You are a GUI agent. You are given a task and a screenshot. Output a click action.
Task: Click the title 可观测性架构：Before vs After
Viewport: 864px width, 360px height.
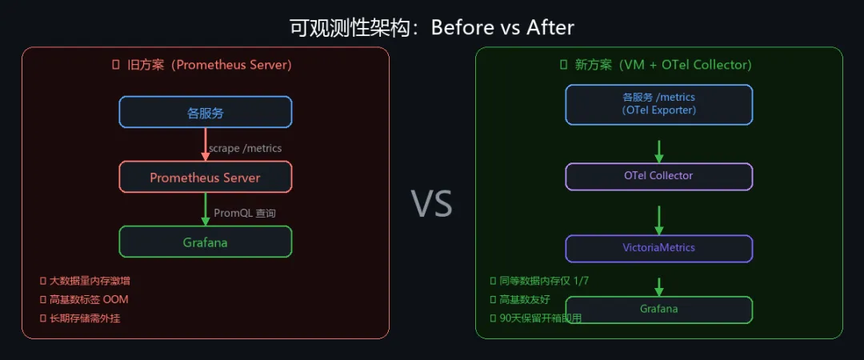(432, 27)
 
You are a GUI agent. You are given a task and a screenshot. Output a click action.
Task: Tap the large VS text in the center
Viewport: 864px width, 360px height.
(432, 204)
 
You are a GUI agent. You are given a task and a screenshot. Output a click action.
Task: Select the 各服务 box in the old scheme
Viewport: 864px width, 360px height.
(206, 112)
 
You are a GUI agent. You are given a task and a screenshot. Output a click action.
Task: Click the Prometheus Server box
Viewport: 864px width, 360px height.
(206, 177)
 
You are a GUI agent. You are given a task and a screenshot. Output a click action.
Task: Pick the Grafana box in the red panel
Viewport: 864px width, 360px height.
(206, 242)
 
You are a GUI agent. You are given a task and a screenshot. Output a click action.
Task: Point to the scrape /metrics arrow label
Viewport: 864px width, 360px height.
(245, 148)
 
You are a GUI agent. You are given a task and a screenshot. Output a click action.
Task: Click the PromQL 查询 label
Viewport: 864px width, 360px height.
(245, 213)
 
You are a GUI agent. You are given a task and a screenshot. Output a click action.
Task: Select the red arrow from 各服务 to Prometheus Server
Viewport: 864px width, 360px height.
(206, 145)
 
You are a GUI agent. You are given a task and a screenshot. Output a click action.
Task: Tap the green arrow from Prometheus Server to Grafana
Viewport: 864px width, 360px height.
(206, 210)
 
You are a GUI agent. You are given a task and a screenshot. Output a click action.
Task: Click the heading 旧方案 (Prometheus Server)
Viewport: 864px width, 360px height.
(206, 65)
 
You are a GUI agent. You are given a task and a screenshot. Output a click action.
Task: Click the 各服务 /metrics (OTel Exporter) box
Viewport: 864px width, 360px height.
(659, 104)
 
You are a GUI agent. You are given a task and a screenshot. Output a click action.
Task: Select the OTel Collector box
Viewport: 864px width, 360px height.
(659, 176)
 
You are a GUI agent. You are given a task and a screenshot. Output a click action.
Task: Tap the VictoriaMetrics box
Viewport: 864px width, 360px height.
(659, 248)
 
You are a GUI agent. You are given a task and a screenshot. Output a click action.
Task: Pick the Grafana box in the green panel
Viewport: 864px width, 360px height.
(659, 309)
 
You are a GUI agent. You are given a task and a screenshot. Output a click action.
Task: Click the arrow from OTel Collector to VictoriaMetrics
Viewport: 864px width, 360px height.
(659, 218)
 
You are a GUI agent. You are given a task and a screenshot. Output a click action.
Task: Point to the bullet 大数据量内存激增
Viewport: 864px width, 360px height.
(89, 281)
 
